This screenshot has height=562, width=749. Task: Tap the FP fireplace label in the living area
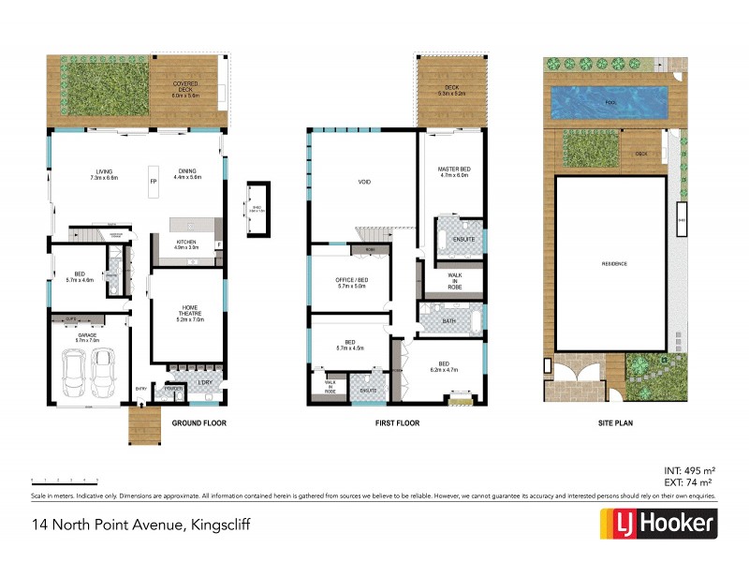click(154, 180)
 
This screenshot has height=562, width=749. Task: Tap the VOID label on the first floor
click(366, 182)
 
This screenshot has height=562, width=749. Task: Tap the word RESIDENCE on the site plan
click(614, 263)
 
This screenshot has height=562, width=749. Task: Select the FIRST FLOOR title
click(396, 423)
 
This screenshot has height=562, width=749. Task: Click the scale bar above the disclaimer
click(65, 480)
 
